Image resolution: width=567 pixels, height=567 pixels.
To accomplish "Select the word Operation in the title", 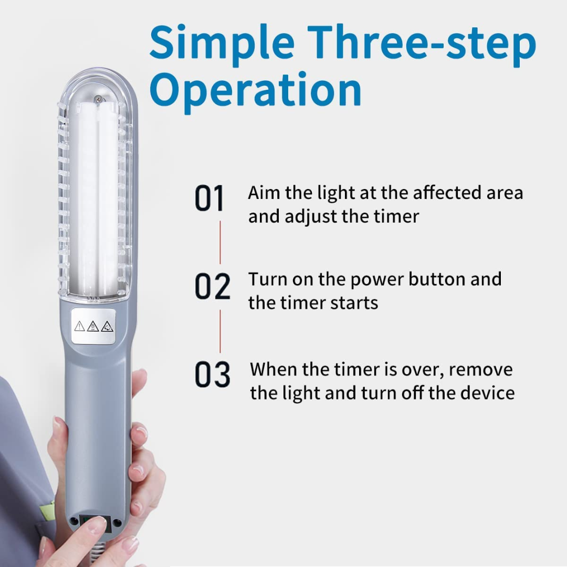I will (x=256, y=89).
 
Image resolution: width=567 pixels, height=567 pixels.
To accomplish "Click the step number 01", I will (x=209, y=198).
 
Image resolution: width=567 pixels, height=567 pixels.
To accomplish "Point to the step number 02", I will (x=212, y=287).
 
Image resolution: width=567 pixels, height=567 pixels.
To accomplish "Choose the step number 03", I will (x=213, y=375).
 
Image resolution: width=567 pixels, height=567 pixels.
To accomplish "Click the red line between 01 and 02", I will (x=220, y=242).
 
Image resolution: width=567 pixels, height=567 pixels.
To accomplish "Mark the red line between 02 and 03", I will (x=220, y=331).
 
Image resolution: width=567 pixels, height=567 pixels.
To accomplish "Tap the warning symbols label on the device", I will (x=93, y=326).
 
